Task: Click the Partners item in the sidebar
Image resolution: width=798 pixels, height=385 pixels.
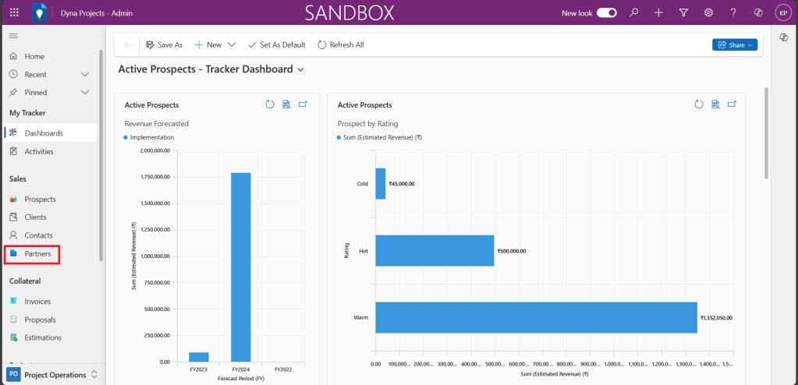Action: [37, 253]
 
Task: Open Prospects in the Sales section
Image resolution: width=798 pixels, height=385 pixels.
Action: [40, 200]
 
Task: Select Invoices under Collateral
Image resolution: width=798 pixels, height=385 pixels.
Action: [38, 302]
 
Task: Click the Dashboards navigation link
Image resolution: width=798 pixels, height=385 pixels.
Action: [43, 133]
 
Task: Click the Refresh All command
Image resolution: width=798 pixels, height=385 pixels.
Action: [340, 45]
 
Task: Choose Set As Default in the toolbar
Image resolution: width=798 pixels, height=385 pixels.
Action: [276, 45]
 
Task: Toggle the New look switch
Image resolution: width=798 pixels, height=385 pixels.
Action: [607, 12]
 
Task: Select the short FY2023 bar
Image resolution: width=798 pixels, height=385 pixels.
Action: [199, 357]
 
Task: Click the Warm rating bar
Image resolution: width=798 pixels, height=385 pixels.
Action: [536, 317]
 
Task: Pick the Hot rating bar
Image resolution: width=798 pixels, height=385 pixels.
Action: [434, 250]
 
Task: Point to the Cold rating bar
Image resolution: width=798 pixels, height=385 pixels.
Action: [381, 184]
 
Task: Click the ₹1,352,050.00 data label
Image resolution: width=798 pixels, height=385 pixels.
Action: [716, 318]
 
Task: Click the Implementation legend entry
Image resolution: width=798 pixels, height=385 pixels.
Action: [152, 137]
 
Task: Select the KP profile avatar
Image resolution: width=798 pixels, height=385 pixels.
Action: [782, 12]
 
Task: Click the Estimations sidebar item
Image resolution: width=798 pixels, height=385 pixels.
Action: [42, 337]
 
